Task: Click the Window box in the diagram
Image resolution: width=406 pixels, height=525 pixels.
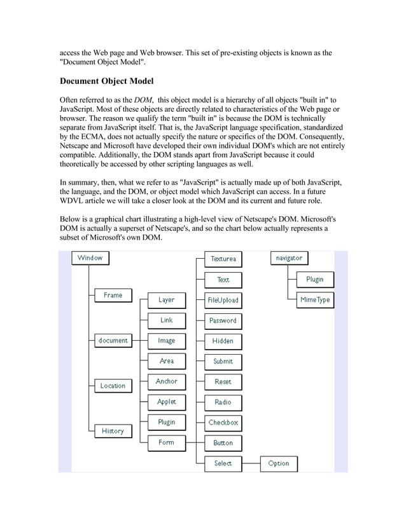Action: (90, 258)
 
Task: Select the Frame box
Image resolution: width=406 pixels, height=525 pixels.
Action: (113, 295)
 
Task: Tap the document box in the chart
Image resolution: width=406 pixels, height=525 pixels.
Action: (113, 340)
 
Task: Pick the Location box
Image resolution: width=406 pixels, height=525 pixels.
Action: (113, 385)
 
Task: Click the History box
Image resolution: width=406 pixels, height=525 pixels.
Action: (113, 431)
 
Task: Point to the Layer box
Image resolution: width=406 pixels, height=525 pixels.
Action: (166, 299)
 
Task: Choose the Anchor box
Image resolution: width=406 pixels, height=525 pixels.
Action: (166, 381)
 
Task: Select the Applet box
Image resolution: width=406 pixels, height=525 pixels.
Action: (166, 402)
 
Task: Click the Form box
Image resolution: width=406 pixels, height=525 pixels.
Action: (166, 442)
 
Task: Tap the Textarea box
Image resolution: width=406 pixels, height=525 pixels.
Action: (223, 259)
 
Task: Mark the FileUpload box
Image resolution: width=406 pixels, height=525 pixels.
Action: (223, 299)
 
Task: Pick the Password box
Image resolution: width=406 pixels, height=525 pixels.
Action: (223, 320)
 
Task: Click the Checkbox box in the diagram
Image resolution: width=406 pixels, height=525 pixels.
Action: (223, 422)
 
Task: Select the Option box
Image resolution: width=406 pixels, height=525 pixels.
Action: (279, 463)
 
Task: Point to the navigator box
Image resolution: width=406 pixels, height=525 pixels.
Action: (289, 258)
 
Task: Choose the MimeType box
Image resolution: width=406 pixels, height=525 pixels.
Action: (314, 299)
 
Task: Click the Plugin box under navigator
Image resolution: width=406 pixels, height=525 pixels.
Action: (314, 279)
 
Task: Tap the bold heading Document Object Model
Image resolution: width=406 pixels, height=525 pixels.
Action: (106, 81)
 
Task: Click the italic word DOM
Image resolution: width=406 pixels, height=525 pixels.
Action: (143, 100)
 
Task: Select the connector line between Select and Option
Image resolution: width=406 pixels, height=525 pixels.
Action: (251, 463)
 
